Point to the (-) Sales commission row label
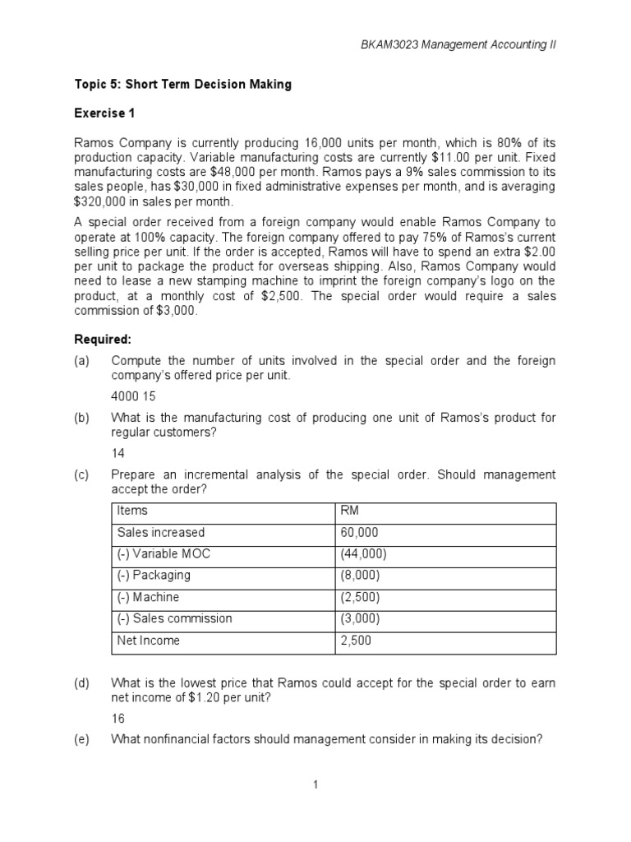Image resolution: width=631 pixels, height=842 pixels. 174,618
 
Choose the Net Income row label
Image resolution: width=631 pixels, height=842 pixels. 149,640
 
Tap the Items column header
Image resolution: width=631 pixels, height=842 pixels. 132,511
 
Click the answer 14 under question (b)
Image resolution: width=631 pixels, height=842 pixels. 117,453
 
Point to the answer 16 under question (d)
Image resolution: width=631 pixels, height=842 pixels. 117,718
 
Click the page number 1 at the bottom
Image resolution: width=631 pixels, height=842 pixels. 315,785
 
